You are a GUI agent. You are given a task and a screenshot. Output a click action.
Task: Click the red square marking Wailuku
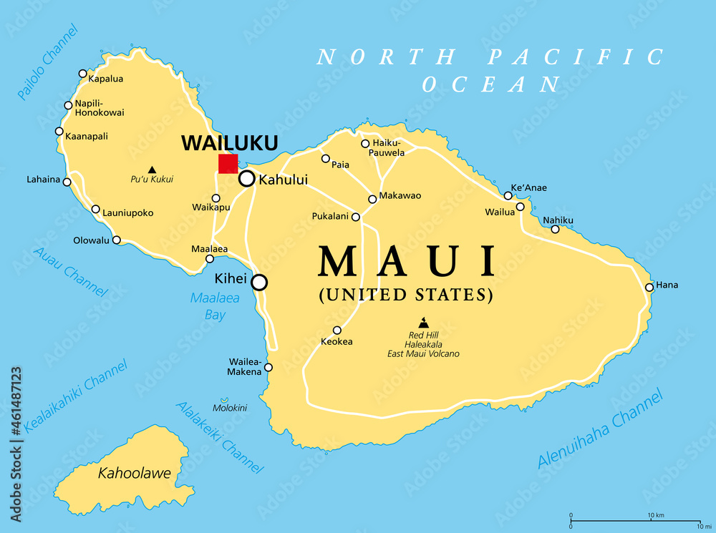[228, 164]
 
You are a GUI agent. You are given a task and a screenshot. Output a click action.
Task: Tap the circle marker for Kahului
[246, 179]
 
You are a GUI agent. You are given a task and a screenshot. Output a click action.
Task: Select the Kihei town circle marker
[258, 283]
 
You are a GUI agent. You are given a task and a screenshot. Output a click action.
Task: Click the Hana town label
[667, 285]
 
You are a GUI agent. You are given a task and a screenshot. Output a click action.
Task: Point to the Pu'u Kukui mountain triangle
[152, 170]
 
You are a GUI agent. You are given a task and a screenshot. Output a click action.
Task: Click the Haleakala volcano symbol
[423, 323]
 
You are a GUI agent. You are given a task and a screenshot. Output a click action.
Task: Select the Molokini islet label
[229, 408]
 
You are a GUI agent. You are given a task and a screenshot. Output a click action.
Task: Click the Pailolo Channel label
[48, 62]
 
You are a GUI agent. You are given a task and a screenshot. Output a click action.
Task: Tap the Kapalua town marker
[82, 74]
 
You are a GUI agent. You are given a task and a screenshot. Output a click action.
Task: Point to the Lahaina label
[44, 180]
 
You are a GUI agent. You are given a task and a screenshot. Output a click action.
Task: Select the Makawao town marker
[372, 200]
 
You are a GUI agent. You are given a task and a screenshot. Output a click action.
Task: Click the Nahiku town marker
[555, 230]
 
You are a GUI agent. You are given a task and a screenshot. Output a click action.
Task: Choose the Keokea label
[337, 341]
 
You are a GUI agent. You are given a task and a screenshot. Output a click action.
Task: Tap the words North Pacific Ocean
[491, 70]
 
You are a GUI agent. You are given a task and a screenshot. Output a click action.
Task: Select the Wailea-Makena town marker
[268, 368]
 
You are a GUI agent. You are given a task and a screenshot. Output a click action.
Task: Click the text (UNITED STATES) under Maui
[406, 294]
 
